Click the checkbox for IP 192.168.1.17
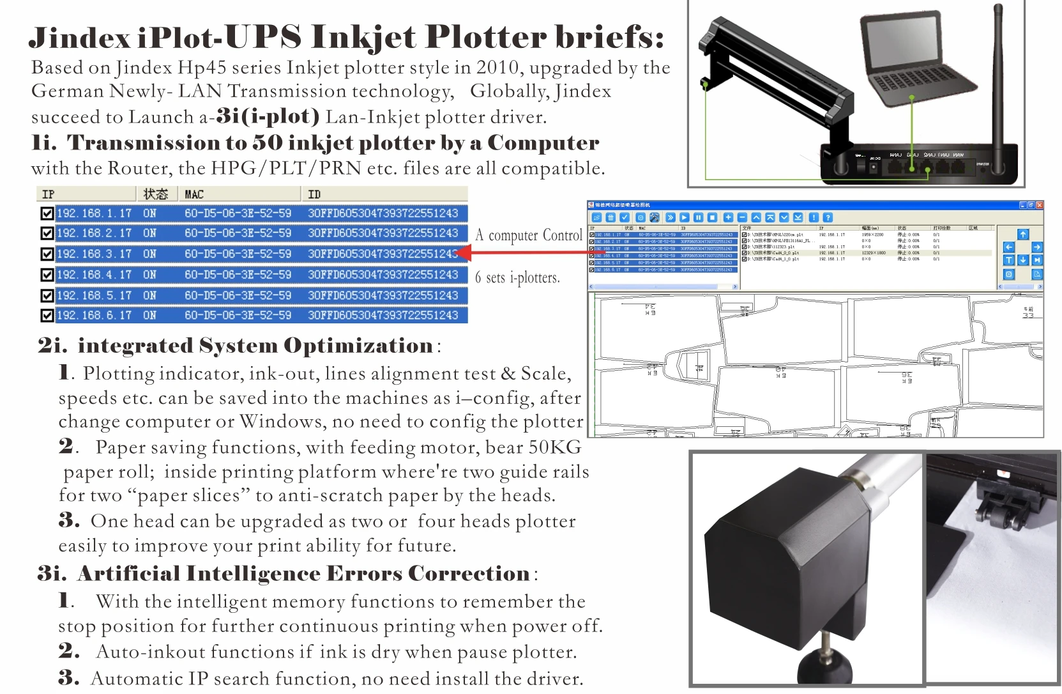[x=47, y=213]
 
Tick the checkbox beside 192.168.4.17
[x=47, y=275]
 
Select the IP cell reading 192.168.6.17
[x=94, y=316]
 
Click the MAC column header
[x=194, y=194]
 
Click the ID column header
[x=314, y=194]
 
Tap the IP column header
[x=49, y=194]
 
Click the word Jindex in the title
[x=80, y=38]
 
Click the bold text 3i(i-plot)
[x=268, y=116]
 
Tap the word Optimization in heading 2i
[x=358, y=346]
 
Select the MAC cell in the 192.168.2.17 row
[x=238, y=233]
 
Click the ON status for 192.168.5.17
[x=149, y=296]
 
